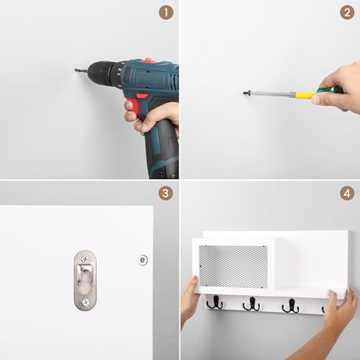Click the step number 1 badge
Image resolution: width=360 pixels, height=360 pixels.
(166, 13)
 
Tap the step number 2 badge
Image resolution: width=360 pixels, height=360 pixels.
(346, 13)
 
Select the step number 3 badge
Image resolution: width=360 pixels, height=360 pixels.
(166, 194)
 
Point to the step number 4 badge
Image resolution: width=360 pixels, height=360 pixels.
(346, 194)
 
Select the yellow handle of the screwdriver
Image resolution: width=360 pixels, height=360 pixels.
(306, 94)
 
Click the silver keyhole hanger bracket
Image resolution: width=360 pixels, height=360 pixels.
(84, 280)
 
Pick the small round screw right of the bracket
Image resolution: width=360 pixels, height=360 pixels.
(143, 259)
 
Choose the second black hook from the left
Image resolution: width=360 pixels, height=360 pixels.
(251, 305)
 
